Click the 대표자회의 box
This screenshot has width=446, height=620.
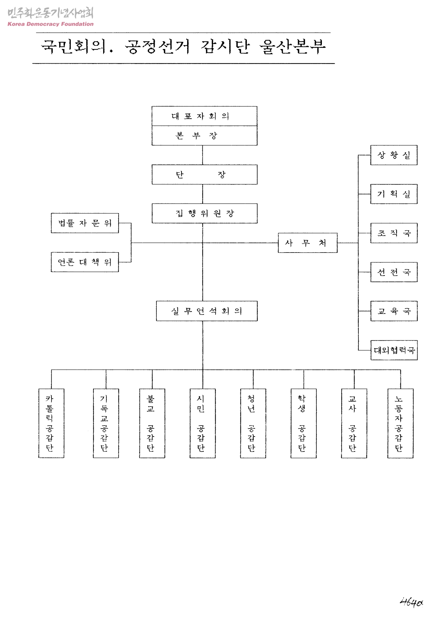point(204,116)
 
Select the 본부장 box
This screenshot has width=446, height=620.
point(204,136)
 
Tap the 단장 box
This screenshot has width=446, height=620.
point(204,175)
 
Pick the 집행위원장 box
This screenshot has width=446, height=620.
point(204,213)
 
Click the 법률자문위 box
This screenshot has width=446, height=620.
point(85,223)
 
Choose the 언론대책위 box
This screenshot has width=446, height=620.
point(85,262)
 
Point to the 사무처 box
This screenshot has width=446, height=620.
point(307,243)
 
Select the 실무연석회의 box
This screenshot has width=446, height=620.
point(207,311)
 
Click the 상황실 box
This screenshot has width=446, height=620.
point(394,155)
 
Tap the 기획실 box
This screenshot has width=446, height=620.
point(394,194)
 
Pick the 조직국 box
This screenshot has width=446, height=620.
point(394,233)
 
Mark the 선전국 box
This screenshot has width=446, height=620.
point(394,272)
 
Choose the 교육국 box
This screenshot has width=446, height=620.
point(394,311)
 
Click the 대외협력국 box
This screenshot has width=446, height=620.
point(394,350)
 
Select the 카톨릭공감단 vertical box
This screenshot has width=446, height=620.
point(51,423)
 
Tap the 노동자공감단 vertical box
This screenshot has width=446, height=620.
point(400,423)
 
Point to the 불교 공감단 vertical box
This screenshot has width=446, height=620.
point(152,423)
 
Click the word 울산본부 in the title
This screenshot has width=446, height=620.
point(292,47)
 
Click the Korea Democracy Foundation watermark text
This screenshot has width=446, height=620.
point(50,24)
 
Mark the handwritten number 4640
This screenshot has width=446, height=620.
point(411,602)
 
